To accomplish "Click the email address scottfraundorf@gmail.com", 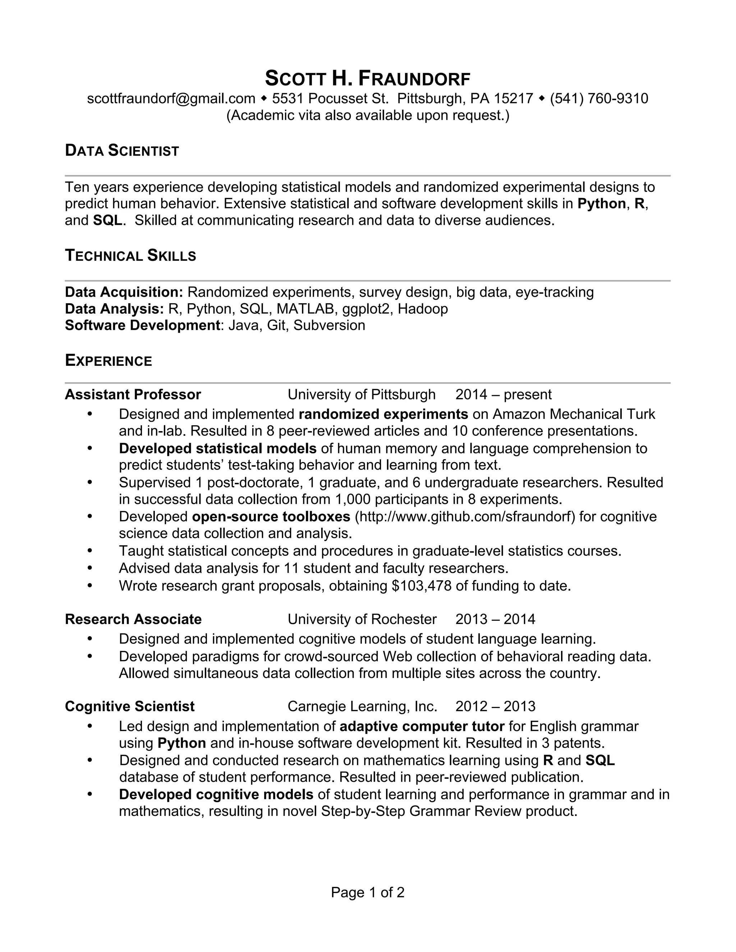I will click(171, 98).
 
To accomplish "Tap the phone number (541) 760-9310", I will click(599, 98).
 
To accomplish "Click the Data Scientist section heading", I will click(122, 151).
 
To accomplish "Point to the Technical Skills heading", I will click(130, 256).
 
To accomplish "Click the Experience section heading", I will click(108, 361).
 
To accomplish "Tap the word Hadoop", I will click(423, 309).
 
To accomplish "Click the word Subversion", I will click(329, 325).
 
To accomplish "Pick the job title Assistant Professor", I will click(133, 394).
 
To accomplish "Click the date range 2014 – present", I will click(503, 394).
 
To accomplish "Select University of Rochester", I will click(362, 619).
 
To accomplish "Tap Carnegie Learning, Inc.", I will click(362, 707).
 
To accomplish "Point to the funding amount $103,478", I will click(422, 586).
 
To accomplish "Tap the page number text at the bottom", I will click(368, 892).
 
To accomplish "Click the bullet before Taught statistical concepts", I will click(90, 551).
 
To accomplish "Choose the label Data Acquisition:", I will click(124, 292).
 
